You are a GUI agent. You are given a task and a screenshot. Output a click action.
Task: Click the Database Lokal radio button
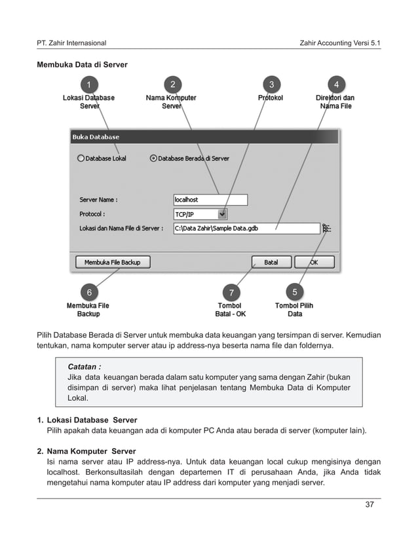click(x=81, y=158)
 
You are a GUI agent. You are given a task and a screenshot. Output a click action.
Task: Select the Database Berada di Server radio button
click(x=154, y=158)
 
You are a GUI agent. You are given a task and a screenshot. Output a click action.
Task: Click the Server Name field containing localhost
click(x=210, y=199)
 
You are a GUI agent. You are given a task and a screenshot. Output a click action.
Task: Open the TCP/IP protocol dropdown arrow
click(x=223, y=214)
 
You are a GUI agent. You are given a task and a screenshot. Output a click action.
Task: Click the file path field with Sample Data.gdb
click(x=245, y=229)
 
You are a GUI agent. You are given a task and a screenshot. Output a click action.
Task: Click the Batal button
click(x=271, y=262)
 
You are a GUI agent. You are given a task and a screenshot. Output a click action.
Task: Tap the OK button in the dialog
click(x=314, y=262)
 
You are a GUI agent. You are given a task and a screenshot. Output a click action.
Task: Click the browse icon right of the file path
click(x=326, y=229)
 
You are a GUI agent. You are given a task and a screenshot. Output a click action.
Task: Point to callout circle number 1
click(x=88, y=84)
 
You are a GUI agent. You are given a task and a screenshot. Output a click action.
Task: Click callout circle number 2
click(x=172, y=84)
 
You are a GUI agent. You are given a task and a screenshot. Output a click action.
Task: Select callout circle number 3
click(x=271, y=84)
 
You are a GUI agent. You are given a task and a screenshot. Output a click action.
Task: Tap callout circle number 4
click(x=336, y=84)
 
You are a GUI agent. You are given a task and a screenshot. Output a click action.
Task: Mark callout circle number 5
click(x=295, y=291)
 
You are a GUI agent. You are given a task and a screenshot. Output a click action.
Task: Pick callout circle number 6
click(x=88, y=291)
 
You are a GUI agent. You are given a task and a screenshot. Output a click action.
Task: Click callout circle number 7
click(x=231, y=291)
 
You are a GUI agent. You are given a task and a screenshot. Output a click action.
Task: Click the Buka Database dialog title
click(x=96, y=137)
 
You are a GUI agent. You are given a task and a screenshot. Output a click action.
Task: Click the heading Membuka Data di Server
click(x=82, y=65)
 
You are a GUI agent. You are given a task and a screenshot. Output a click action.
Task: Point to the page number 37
click(x=371, y=504)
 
